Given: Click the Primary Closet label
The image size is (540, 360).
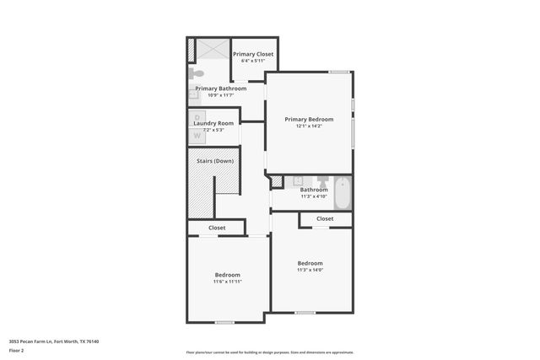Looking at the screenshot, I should [254, 54].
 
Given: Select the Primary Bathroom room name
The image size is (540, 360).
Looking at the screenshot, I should [220, 89].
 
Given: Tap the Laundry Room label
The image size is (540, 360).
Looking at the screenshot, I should [213, 123].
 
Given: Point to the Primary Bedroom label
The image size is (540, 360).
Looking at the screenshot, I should [309, 119].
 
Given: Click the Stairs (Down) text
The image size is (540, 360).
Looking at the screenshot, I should [215, 161].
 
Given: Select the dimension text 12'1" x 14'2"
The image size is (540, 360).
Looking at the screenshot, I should [309, 126].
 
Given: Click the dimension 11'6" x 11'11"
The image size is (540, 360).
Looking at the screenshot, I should [227, 282].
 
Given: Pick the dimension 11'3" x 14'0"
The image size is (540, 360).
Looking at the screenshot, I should [310, 270].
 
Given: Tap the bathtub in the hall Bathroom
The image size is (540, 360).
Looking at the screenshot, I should [343, 192].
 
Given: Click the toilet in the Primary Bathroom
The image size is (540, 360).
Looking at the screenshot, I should [196, 73].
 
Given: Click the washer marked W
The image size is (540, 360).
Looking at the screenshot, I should [197, 134].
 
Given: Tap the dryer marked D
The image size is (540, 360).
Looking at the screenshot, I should [197, 117].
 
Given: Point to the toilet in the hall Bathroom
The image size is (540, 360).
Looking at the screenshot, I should [322, 181].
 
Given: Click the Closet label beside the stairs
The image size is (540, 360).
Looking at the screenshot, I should [217, 228].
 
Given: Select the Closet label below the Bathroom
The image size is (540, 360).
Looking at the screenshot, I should [325, 218].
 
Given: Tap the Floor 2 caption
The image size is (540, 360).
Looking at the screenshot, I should [16, 350].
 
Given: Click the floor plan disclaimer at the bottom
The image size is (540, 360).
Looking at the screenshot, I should [269, 352].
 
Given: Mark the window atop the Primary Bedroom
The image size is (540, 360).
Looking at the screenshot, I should [339, 72].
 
